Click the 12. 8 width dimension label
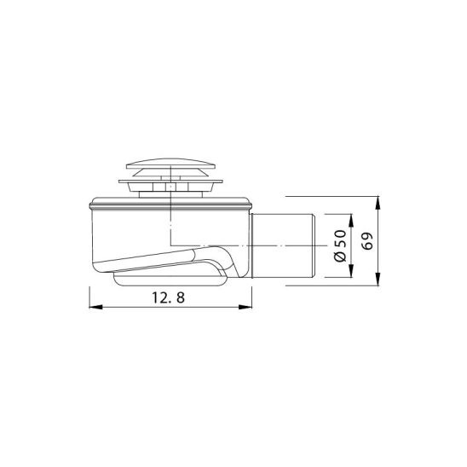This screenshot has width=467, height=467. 168,297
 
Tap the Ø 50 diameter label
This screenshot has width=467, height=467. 340,245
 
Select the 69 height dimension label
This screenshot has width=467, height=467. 367,241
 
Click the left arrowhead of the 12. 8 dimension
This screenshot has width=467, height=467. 95,307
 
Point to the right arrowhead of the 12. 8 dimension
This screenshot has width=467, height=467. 245,307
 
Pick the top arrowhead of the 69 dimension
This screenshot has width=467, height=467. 378,203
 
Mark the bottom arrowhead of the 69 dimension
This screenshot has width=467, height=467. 378,279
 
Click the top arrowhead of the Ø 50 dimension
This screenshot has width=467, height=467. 351,221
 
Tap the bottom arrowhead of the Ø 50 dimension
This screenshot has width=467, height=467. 351,271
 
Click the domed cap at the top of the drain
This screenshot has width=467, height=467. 170,164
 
